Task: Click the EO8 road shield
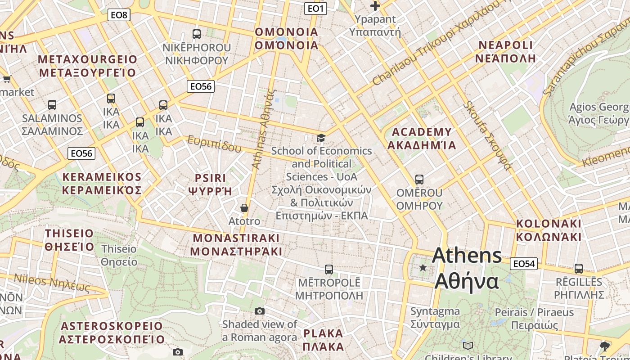pos(119,15)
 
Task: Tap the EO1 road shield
pos(315,9)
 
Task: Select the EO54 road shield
pos(524,264)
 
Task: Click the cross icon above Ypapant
pos(375,6)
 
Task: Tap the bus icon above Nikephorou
pos(197,34)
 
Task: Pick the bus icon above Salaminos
pos(52,105)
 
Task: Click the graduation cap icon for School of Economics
pos(321,138)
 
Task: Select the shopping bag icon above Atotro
pos(244,208)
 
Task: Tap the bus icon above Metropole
pos(329,270)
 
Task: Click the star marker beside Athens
pos(423,268)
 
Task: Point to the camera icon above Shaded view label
pos(259,311)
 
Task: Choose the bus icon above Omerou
pos(419,180)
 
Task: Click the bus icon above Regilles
pos(579,269)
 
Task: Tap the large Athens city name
pos(467,269)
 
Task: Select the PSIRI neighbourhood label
pos(210,184)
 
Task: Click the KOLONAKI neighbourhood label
pos(549,230)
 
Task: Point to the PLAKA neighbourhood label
pos(323,340)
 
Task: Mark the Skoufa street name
pos(488,135)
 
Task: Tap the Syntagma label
pos(435,318)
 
